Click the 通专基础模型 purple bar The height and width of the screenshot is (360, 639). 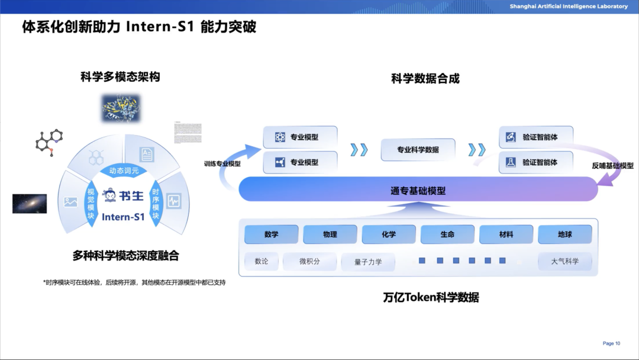418,190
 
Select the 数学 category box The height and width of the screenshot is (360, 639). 272,234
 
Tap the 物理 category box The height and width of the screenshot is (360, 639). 330,234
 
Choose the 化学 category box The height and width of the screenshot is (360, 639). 389,234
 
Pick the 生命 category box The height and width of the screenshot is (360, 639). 447,234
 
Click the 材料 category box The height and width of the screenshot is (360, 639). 506,234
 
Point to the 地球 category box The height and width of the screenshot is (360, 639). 564,234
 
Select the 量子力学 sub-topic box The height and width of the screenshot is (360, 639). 368,262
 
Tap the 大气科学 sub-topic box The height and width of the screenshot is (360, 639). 564,261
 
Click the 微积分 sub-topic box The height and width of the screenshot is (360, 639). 309,261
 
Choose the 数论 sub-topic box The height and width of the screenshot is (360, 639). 262,261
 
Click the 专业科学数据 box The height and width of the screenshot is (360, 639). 418,150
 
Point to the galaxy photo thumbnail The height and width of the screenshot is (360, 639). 30,203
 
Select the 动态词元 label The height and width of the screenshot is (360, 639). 124,171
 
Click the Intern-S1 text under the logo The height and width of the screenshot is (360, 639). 123,217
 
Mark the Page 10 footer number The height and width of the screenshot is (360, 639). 611,343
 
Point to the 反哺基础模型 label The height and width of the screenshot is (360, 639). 612,166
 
